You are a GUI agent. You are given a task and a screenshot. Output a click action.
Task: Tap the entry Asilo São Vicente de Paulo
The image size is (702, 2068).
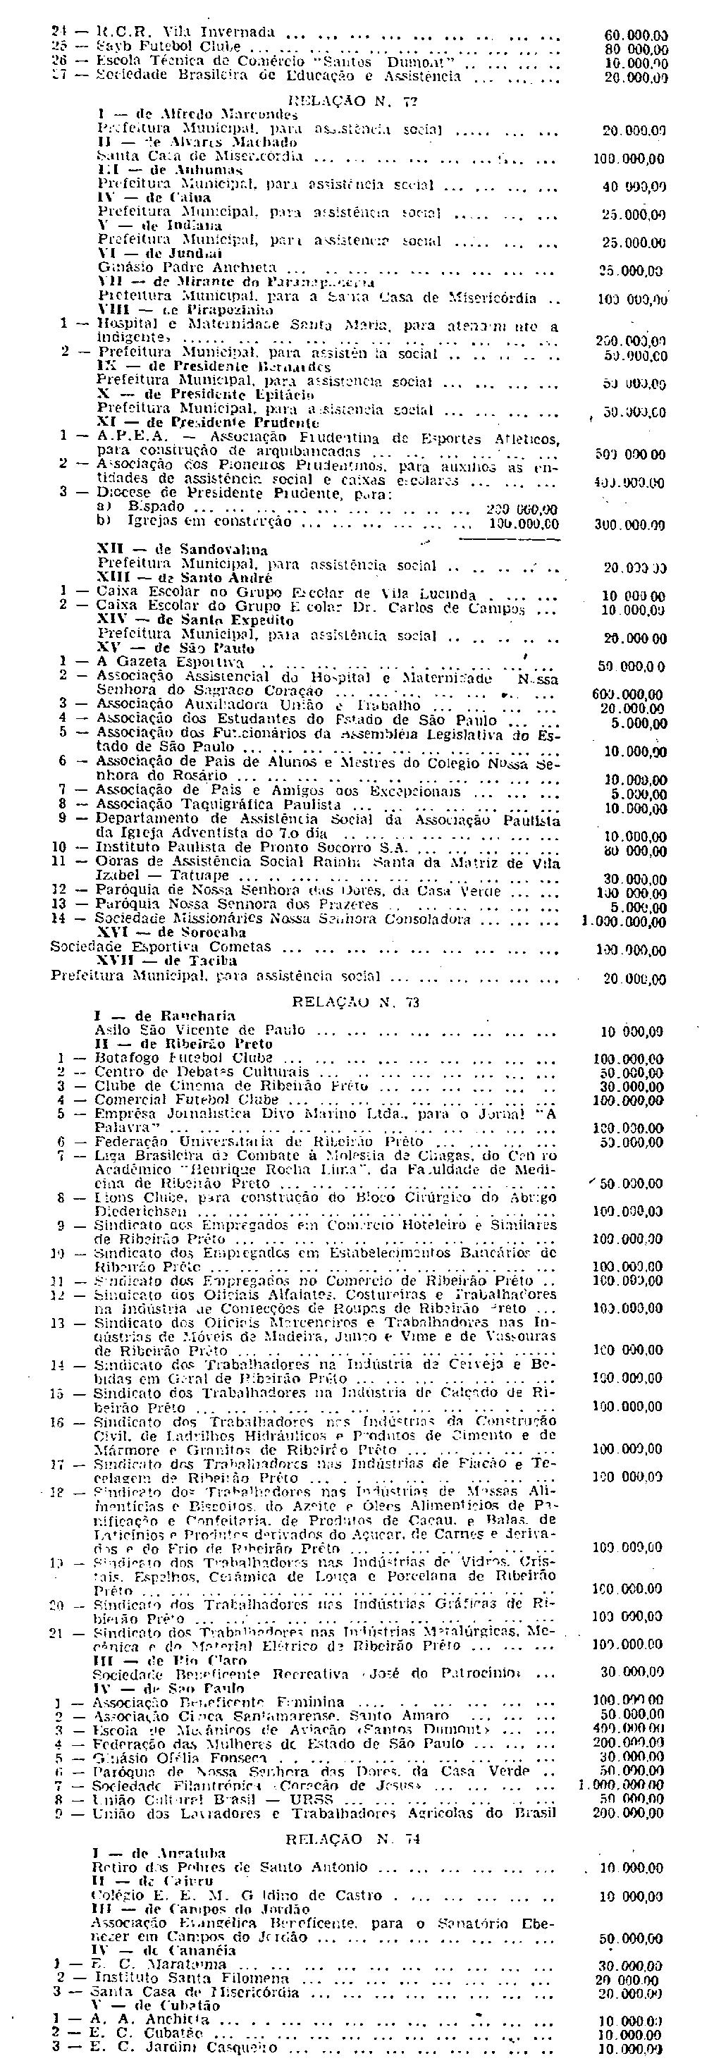click(201, 1030)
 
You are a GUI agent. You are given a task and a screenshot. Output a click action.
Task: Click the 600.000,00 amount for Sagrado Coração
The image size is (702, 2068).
click(633, 694)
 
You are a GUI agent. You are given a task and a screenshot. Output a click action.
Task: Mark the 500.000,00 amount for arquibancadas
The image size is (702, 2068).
click(633, 455)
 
